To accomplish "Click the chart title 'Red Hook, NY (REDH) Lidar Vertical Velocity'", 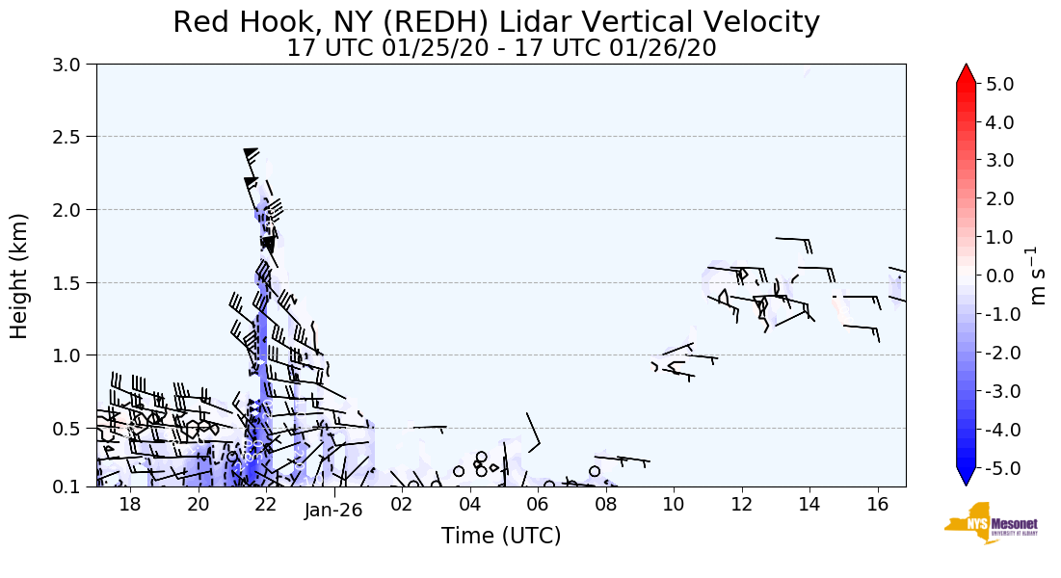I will [x=497, y=22].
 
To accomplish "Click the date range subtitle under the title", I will [x=501, y=48].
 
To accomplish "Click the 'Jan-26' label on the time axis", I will [x=332, y=511].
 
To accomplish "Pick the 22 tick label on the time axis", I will [x=266, y=505].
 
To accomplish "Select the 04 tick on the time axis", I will [x=470, y=505].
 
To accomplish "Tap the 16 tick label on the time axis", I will [x=877, y=505].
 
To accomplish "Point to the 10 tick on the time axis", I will [x=673, y=505].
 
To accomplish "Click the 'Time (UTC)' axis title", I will [x=501, y=537].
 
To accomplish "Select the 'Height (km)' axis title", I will [x=19, y=276].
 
